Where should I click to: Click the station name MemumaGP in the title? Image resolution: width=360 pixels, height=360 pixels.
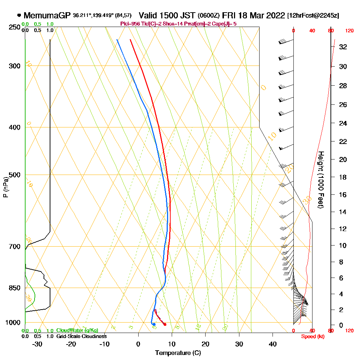pyautogui.click(x=48, y=15)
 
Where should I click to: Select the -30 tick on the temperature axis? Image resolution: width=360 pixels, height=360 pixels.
pyautogui.click(x=37, y=344)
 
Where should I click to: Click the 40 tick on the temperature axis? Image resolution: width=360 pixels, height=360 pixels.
pyautogui.click(x=273, y=344)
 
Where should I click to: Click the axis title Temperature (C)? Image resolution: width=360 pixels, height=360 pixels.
pyautogui.click(x=178, y=353)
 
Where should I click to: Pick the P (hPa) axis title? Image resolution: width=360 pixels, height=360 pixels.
pyautogui.click(x=5, y=187)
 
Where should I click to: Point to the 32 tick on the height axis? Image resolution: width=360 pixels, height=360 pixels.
pyautogui.click(x=343, y=47)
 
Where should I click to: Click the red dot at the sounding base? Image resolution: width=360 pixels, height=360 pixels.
pyautogui.click(x=165, y=324)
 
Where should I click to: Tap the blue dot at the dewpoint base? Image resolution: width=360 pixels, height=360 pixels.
pyautogui.click(x=154, y=324)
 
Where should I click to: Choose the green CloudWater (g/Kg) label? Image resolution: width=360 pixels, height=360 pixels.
pyautogui.click(x=77, y=330)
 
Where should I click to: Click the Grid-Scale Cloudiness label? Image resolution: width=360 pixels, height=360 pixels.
pyautogui.click(x=81, y=336)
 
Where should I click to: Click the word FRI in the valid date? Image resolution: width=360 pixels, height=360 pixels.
pyautogui.click(x=229, y=15)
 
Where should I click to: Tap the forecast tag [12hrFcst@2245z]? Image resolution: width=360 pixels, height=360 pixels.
pyautogui.click(x=313, y=16)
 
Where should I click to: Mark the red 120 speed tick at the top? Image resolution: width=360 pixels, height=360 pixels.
pyautogui.click(x=349, y=31)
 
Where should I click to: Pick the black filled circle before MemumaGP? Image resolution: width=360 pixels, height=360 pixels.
pyautogui.click(x=19, y=15)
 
